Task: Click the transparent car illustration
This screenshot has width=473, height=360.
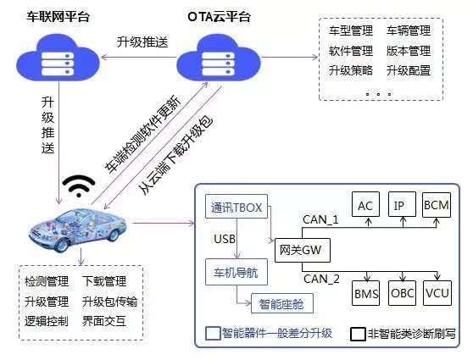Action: pos(79,223)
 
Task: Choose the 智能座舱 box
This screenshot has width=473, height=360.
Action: pos(282,302)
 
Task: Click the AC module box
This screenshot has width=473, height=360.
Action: pos(365,206)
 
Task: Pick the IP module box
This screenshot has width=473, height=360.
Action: pos(401,206)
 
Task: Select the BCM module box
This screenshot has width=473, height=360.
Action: pos(437,206)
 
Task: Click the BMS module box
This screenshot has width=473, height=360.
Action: pos(365,295)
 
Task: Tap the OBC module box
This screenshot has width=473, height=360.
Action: pos(402,295)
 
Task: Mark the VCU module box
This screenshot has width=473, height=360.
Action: pos(437,295)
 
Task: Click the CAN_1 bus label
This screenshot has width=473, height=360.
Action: pos(322,220)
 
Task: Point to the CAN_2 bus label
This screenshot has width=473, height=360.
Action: pos(322,277)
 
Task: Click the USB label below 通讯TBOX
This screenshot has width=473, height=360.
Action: pos(225,239)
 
